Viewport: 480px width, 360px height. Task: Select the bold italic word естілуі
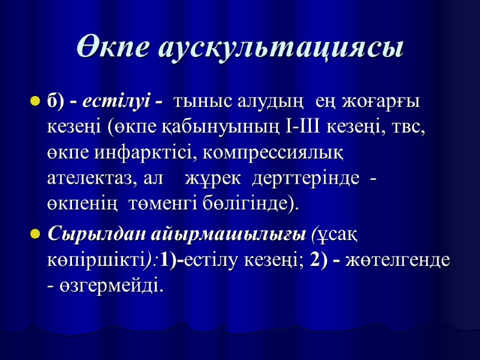click(x=118, y=102)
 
